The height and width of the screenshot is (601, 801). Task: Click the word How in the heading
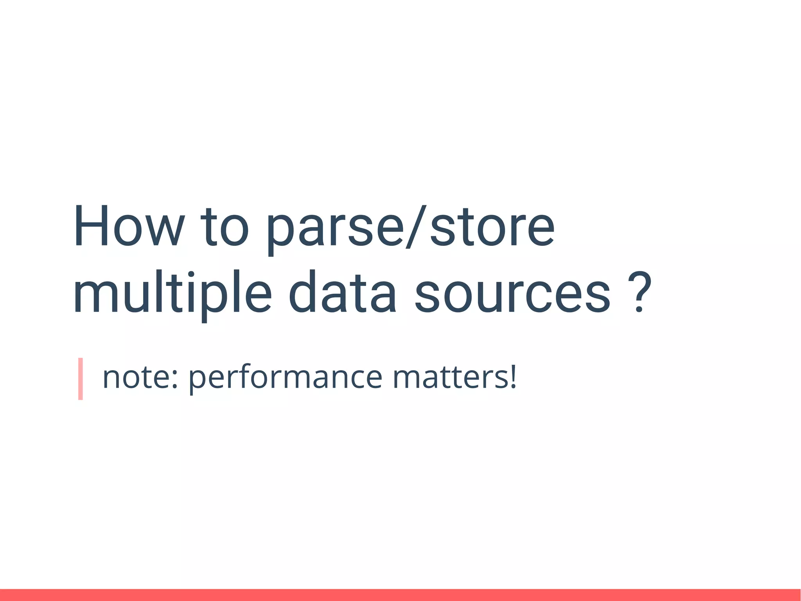point(129,227)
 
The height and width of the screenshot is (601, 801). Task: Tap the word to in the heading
point(224,227)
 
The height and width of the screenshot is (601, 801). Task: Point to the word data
point(342,294)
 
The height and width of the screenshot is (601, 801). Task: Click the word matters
point(450,378)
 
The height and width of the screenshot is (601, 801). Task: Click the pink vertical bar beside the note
point(81,379)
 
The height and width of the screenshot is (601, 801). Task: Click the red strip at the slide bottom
point(400,595)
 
